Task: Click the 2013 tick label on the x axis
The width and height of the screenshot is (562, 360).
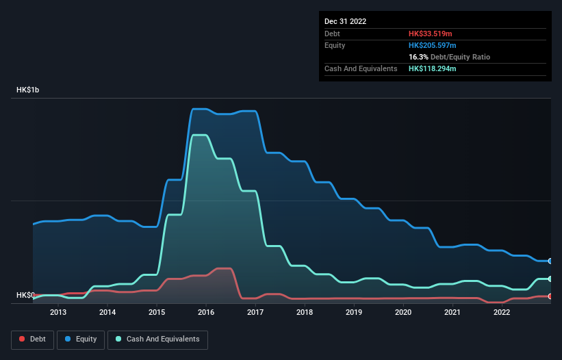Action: [58, 313]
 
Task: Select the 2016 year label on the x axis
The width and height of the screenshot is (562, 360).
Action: [206, 313]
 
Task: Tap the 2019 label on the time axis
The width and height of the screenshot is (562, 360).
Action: [354, 313]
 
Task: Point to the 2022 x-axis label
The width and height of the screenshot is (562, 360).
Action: [502, 313]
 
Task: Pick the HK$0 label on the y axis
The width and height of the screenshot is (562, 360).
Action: [25, 295]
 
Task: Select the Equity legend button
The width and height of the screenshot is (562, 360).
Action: [81, 339]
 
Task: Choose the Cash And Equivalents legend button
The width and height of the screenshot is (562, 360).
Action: [157, 339]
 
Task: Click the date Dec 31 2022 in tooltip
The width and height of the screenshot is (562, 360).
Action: [345, 21]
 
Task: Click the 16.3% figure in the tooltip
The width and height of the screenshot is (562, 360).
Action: [420, 57]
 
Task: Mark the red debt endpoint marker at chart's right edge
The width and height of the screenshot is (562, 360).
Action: [550, 296]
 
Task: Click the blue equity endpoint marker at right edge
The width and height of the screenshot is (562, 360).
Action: [550, 261]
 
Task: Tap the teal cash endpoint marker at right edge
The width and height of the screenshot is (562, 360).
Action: [550, 279]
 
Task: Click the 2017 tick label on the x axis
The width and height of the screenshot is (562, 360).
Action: [255, 313]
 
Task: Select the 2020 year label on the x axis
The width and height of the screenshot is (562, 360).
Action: [403, 313]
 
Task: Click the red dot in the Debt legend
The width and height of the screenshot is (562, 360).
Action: [22, 339]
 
